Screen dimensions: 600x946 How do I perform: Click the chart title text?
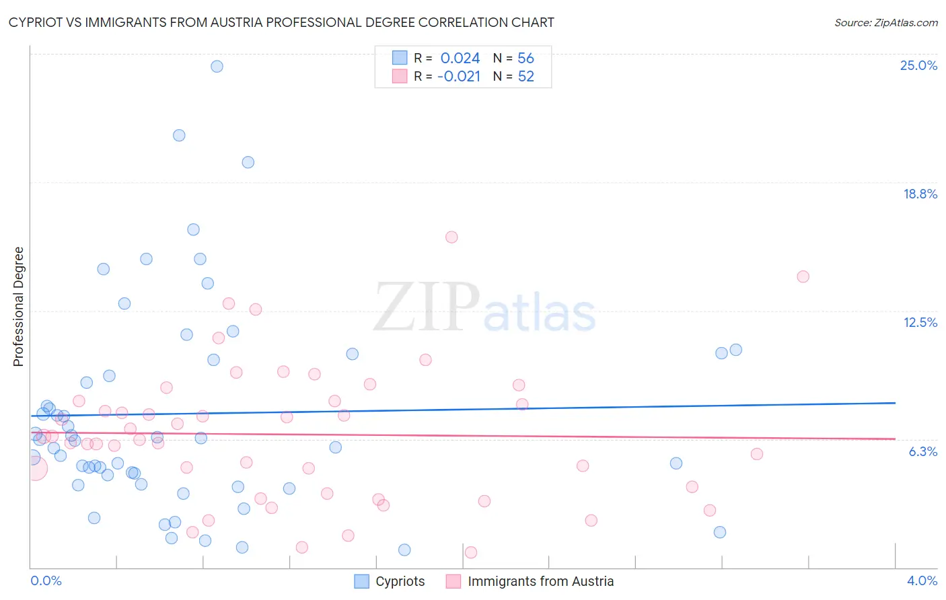[x=281, y=22]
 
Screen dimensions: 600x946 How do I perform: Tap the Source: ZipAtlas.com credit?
[x=885, y=22]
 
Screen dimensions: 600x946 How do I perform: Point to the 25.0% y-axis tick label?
[x=918, y=65]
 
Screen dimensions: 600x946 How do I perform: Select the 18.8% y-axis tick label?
[x=920, y=194]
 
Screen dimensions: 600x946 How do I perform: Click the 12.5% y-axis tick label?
[x=920, y=322]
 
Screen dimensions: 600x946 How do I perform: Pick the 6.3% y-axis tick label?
[x=922, y=451]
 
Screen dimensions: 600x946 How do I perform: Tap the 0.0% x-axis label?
[x=46, y=580]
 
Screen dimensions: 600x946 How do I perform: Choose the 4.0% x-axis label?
[x=922, y=580]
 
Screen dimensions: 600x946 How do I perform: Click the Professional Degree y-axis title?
[x=18, y=307]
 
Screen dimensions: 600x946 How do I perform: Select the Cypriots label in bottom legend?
[x=400, y=581]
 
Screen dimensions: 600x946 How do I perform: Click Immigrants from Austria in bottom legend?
[x=540, y=581]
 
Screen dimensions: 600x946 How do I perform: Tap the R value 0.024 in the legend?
[x=460, y=59]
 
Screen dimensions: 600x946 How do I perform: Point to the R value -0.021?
[x=459, y=77]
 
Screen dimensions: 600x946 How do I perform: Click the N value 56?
[x=525, y=59]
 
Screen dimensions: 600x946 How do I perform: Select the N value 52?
[x=525, y=77]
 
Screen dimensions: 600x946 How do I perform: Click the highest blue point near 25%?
[x=217, y=66]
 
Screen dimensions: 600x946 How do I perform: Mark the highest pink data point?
[x=451, y=237]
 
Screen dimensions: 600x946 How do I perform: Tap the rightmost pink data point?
[x=803, y=276]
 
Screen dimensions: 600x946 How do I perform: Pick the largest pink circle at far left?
[x=35, y=468]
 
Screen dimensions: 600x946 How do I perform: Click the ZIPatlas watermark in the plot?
[x=484, y=308]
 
